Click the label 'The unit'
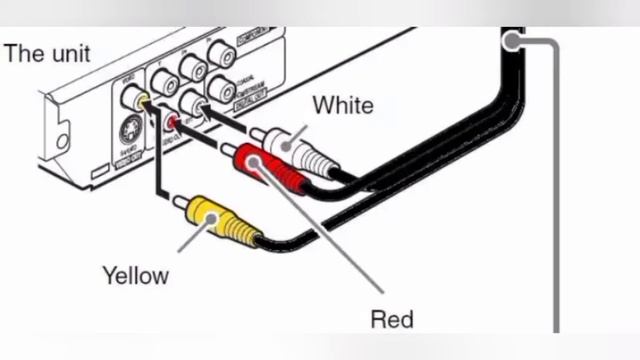47,53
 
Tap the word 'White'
343,105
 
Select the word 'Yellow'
135,274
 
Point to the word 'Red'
391,320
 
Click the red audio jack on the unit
173,123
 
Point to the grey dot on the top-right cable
513,42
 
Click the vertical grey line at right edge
555,200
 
